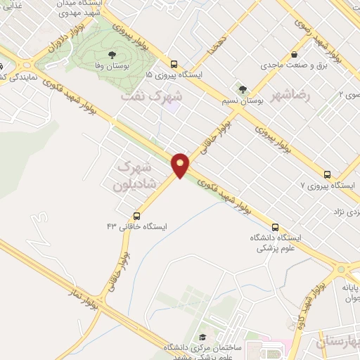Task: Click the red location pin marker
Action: [x=181, y=165]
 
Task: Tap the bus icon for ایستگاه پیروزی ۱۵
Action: [x=174, y=63]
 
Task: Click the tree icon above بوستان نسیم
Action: [x=243, y=89]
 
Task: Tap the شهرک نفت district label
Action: [x=150, y=96]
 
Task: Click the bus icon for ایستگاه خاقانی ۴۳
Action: [x=136, y=216]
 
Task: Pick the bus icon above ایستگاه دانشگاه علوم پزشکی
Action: [x=274, y=227]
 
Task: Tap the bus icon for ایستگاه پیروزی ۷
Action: [x=326, y=174]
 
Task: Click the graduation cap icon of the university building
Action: [x=203, y=337]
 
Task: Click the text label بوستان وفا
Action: [x=110, y=65]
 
